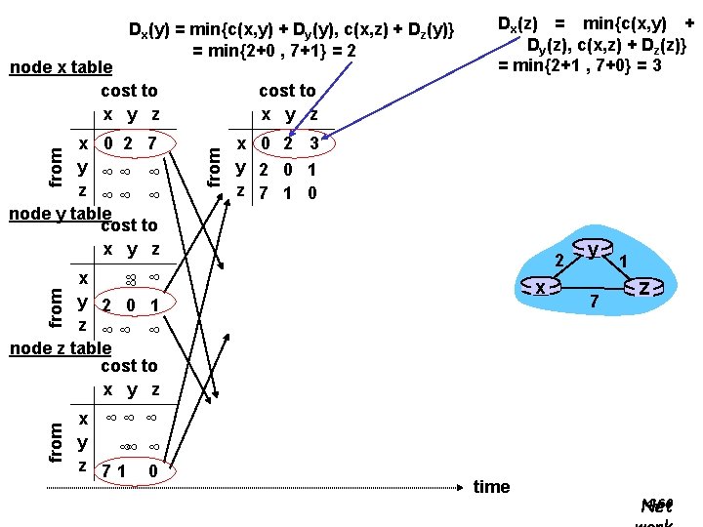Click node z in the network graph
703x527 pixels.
[645, 287]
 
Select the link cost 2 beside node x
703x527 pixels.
[559, 261]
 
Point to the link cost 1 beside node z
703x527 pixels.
[623, 262]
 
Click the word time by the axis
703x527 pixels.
[491, 487]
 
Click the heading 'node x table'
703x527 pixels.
[61, 68]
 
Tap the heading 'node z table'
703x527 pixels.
[59, 348]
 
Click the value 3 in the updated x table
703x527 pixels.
[313, 144]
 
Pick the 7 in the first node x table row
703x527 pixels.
[152, 144]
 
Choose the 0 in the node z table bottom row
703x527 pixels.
[153, 472]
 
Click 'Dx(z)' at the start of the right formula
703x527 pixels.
[522, 23]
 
